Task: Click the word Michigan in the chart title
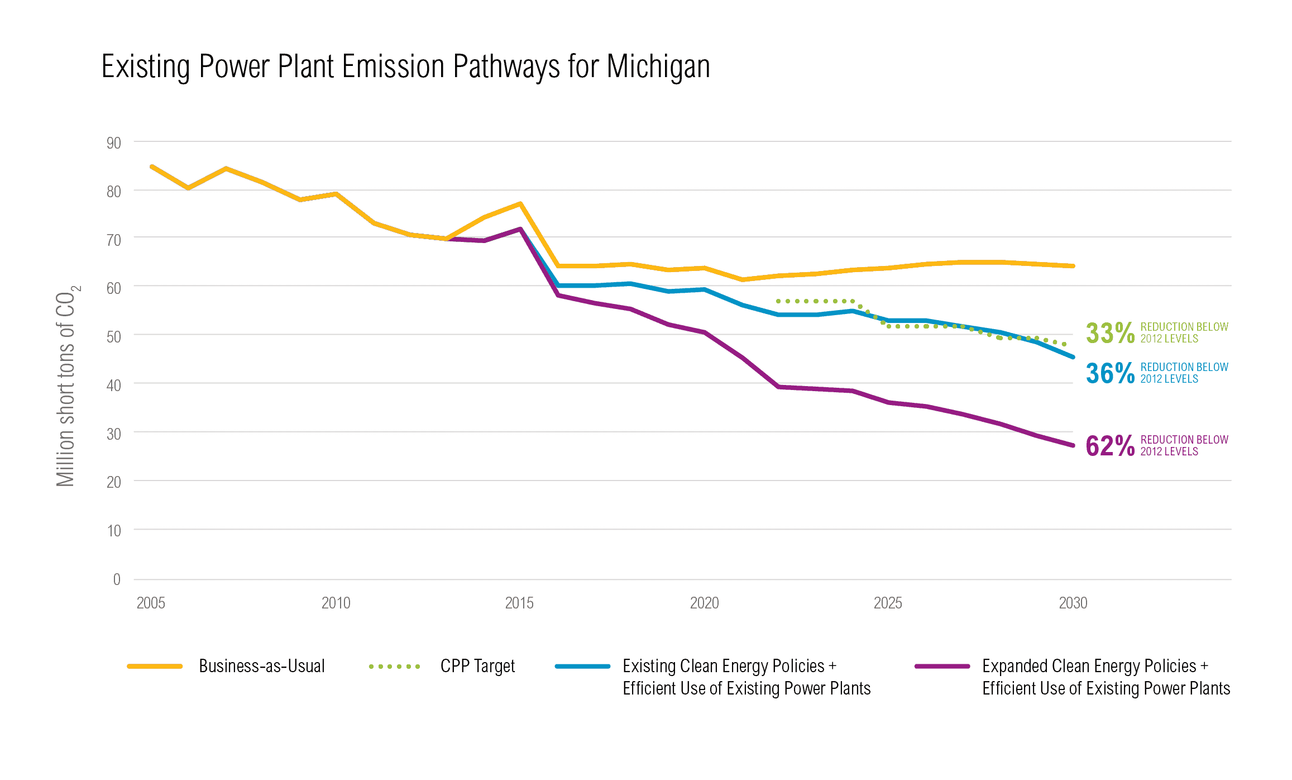tap(658, 67)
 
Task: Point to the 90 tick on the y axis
tap(114, 143)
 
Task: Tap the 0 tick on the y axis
tap(117, 579)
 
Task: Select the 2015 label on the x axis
tap(519, 603)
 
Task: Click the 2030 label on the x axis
tap(1073, 603)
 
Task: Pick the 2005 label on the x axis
tap(151, 603)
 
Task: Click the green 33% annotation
tap(1109, 333)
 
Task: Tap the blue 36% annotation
tap(1109, 373)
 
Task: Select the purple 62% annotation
tap(1109, 446)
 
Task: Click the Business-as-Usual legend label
tap(261, 666)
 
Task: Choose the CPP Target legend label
tap(477, 666)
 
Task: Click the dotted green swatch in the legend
tap(394, 667)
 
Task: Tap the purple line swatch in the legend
tap(942, 667)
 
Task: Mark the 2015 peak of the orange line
tap(520, 204)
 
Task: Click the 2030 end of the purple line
tap(1073, 445)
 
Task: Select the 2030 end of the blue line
tap(1073, 356)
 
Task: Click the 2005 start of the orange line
tap(152, 167)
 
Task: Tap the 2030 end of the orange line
tap(1073, 266)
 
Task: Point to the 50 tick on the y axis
tap(114, 336)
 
